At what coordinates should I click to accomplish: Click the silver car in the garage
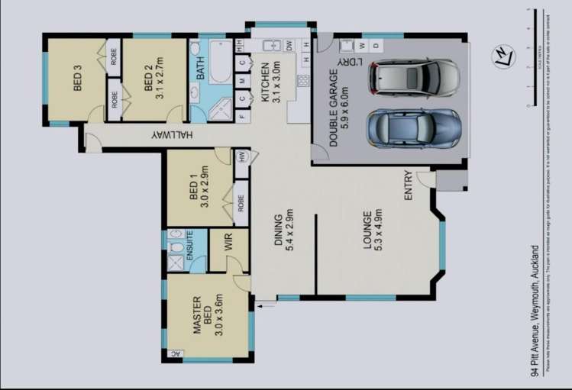[415, 77]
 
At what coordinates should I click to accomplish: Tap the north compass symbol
[503, 57]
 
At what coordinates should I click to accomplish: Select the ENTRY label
[409, 185]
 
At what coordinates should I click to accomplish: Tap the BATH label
[201, 70]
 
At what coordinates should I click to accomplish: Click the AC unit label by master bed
[175, 353]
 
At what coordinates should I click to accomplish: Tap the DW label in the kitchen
[289, 47]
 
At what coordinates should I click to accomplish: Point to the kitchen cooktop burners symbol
[302, 80]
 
